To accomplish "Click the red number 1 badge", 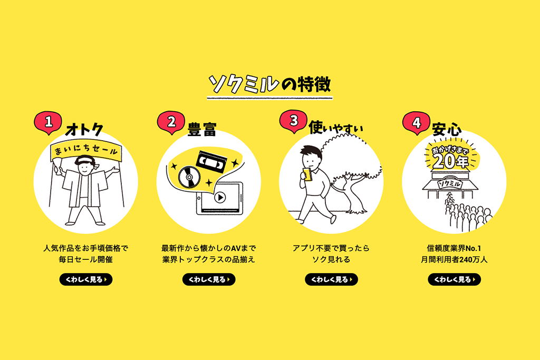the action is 48,122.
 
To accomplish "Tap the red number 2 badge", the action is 171,122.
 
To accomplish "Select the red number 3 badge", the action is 293,121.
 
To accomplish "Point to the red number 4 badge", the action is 417,122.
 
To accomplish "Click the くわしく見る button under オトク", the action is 86,279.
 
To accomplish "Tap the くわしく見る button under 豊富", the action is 209,279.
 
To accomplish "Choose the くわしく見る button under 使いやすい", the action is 331,279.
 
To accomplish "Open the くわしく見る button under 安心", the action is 454,279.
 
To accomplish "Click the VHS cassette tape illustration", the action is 211,161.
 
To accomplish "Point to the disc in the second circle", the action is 189,177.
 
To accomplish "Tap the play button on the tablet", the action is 220,198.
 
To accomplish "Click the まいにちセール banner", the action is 86,150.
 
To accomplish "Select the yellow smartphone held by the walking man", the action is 307,174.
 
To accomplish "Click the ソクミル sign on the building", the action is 449,184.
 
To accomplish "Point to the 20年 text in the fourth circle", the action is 450,161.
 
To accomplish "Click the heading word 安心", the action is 447,129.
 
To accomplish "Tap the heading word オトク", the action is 84,130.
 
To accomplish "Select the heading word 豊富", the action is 202,130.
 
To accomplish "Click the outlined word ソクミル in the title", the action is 244,84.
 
